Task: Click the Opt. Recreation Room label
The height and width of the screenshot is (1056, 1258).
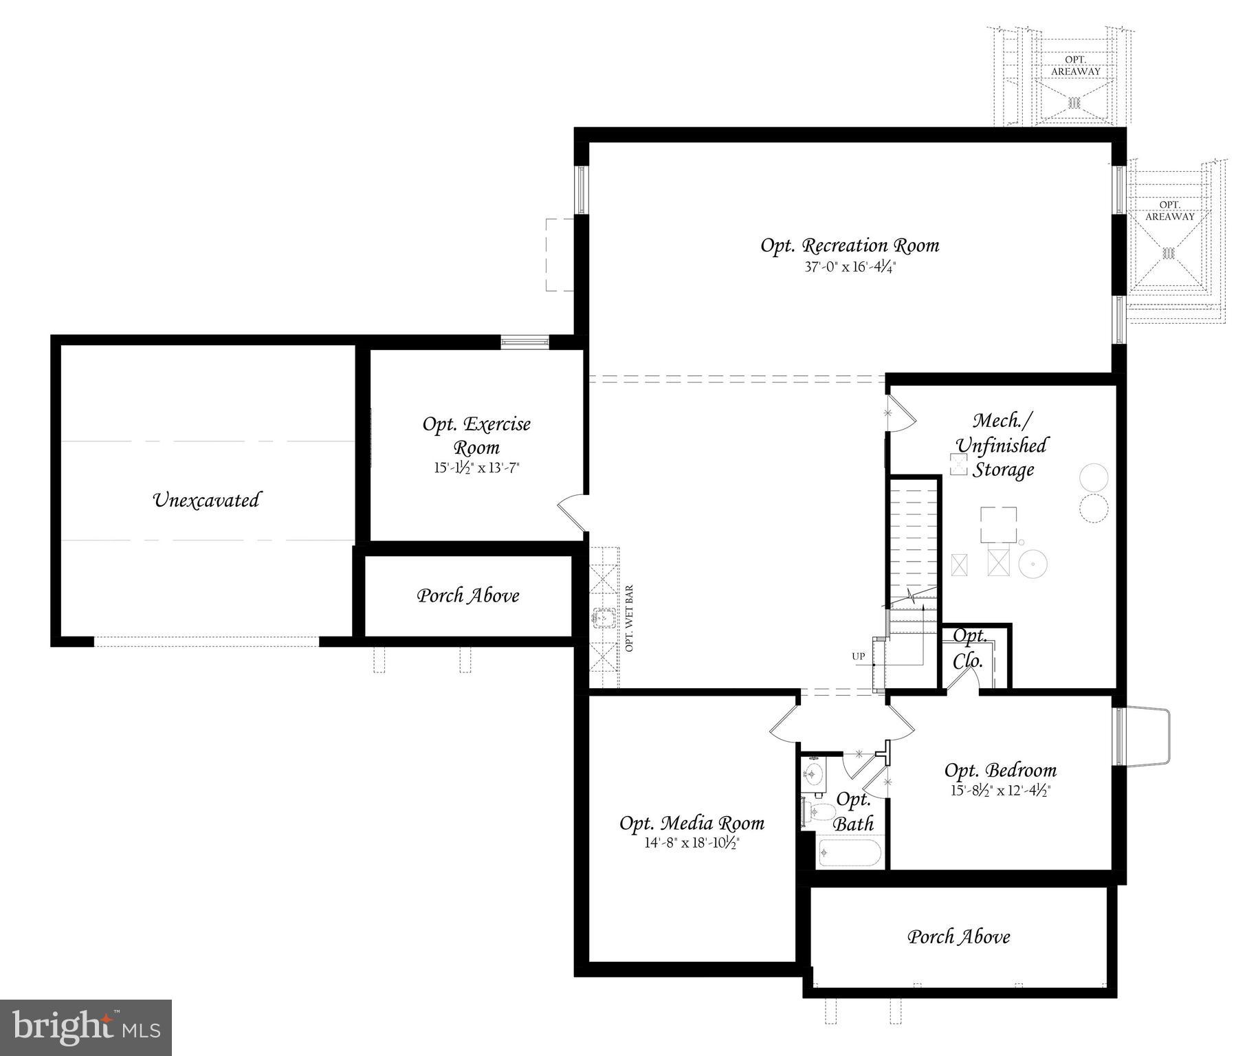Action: [850, 245]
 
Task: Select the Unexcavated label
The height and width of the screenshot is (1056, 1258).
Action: [206, 500]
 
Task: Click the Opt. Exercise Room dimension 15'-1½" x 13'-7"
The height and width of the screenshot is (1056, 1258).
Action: [476, 468]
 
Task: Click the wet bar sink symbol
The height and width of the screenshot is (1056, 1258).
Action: [604, 618]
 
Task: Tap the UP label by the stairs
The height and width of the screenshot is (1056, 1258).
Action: [859, 657]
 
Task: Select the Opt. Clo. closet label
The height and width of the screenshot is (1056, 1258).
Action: [969, 649]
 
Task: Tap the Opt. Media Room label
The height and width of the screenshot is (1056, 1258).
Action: [692, 823]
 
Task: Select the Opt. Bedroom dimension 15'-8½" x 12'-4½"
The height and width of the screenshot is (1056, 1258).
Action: [1000, 791]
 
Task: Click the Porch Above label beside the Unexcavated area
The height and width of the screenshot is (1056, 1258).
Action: [468, 595]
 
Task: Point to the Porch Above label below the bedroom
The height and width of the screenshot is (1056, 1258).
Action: [958, 936]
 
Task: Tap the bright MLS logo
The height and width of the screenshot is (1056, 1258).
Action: [86, 1027]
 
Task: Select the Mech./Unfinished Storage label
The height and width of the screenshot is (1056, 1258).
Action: [1002, 445]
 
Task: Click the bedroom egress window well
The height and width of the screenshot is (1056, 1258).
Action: [1145, 736]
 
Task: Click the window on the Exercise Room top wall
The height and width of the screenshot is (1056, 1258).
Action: [525, 342]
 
